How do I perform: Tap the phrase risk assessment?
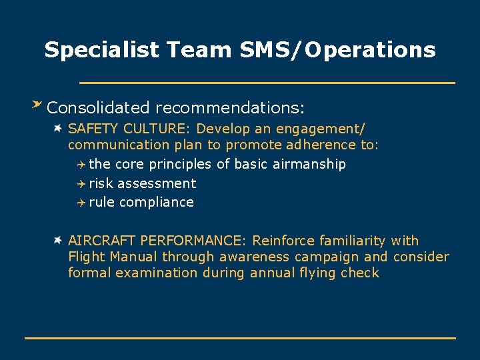[142, 183]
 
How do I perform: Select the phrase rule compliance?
[141, 202]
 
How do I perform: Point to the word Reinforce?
[285, 241]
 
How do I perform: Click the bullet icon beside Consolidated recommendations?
[37, 104]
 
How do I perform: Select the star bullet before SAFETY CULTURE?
[59, 127]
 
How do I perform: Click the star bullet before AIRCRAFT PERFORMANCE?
[59, 239]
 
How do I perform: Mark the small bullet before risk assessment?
[81, 183]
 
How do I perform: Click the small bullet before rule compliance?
[81, 202]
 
